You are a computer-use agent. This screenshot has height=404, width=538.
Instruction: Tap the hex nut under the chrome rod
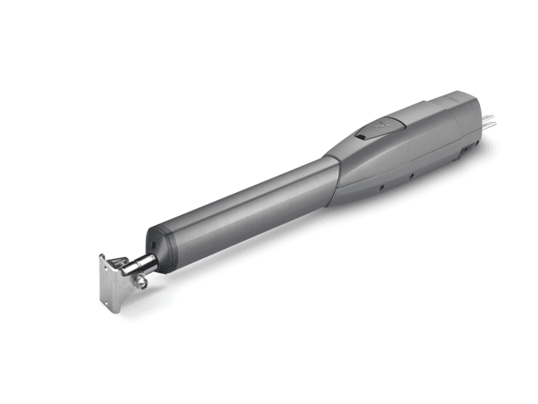click(x=143, y=284)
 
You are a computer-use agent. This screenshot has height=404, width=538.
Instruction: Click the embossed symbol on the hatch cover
click(x=384, y=126)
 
